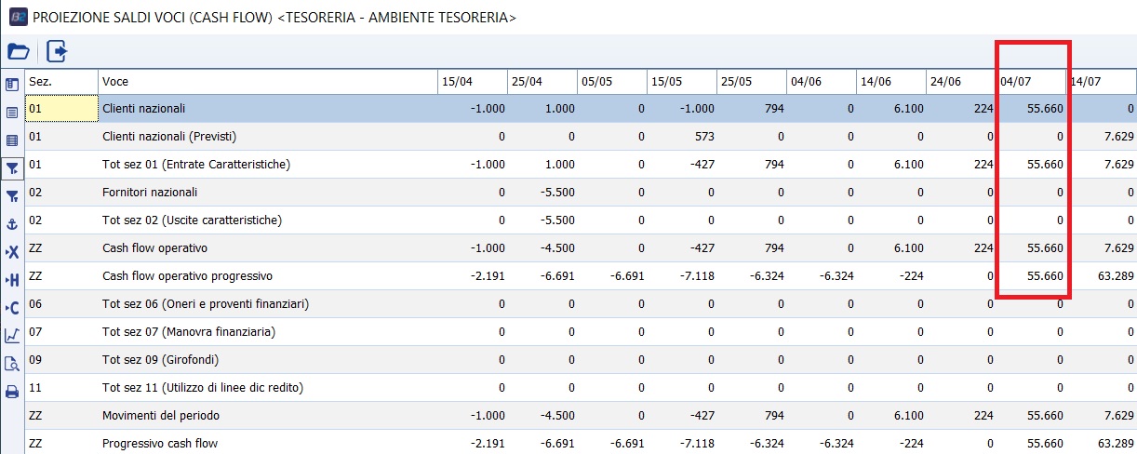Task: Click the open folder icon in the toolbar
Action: coord(18,51)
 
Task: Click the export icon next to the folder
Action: coord(57,51)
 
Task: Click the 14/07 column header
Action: coord(1086,82)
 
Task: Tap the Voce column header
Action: coord(115,82)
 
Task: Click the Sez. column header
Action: coord(40,82)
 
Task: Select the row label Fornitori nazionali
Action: coord(149,193)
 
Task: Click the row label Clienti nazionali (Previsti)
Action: coord(169,137)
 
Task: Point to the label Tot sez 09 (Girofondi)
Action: coord(160,360)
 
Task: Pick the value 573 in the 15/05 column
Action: coord(702,137)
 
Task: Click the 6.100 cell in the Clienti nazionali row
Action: coord(908,109)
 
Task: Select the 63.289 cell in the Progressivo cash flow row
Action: coord(1113,444)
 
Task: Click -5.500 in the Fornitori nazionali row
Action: coord(552,193)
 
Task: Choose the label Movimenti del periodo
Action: coord(161,416)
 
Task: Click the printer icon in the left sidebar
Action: coord(12,392)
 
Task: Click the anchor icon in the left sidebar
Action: coord(12,224)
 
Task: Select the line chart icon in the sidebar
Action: coord(12,336)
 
